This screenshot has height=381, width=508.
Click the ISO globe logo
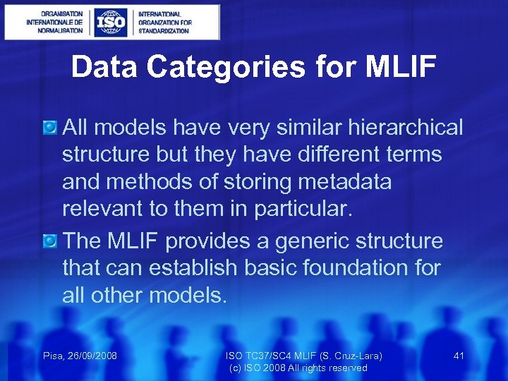111,23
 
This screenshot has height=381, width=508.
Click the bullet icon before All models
49,128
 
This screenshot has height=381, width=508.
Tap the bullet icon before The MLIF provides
49,241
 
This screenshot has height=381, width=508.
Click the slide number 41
459,356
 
